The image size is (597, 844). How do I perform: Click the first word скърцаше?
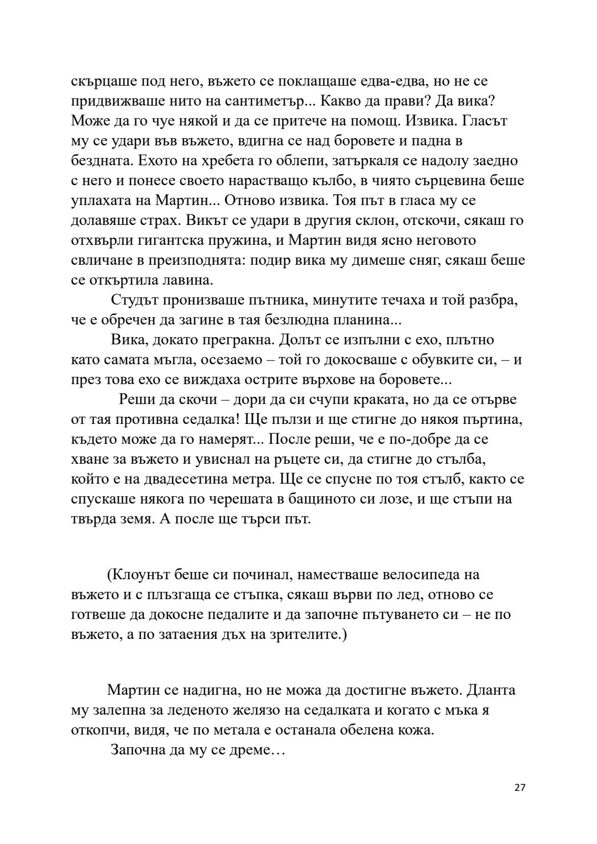[x=103, y=81]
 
